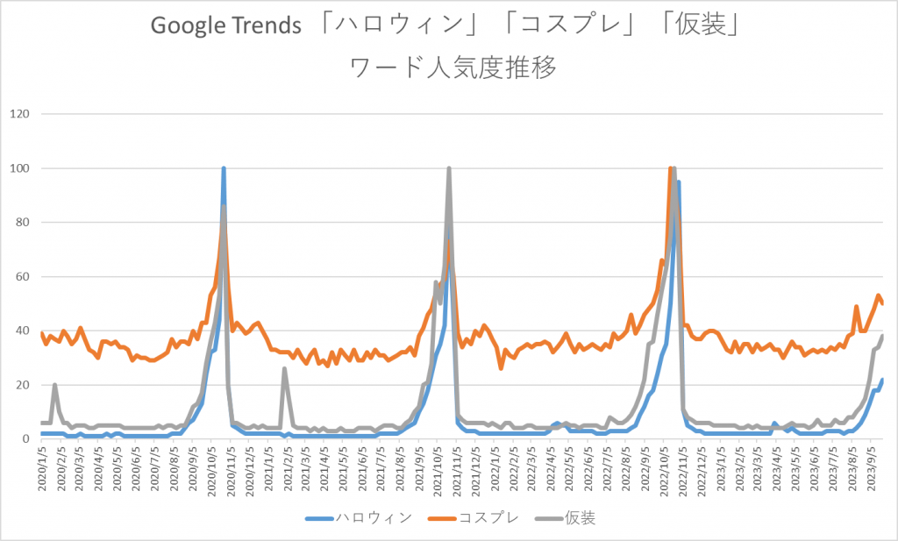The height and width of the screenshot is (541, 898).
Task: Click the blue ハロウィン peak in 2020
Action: [x=224, y=168]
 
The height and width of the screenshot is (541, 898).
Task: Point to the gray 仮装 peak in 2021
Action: [x=449, y=168]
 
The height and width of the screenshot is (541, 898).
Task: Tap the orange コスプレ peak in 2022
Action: [x=670, y=168]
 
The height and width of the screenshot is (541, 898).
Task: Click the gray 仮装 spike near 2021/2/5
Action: [x=285, y=369]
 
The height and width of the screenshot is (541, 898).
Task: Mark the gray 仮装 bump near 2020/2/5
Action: [x=55, y=385]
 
